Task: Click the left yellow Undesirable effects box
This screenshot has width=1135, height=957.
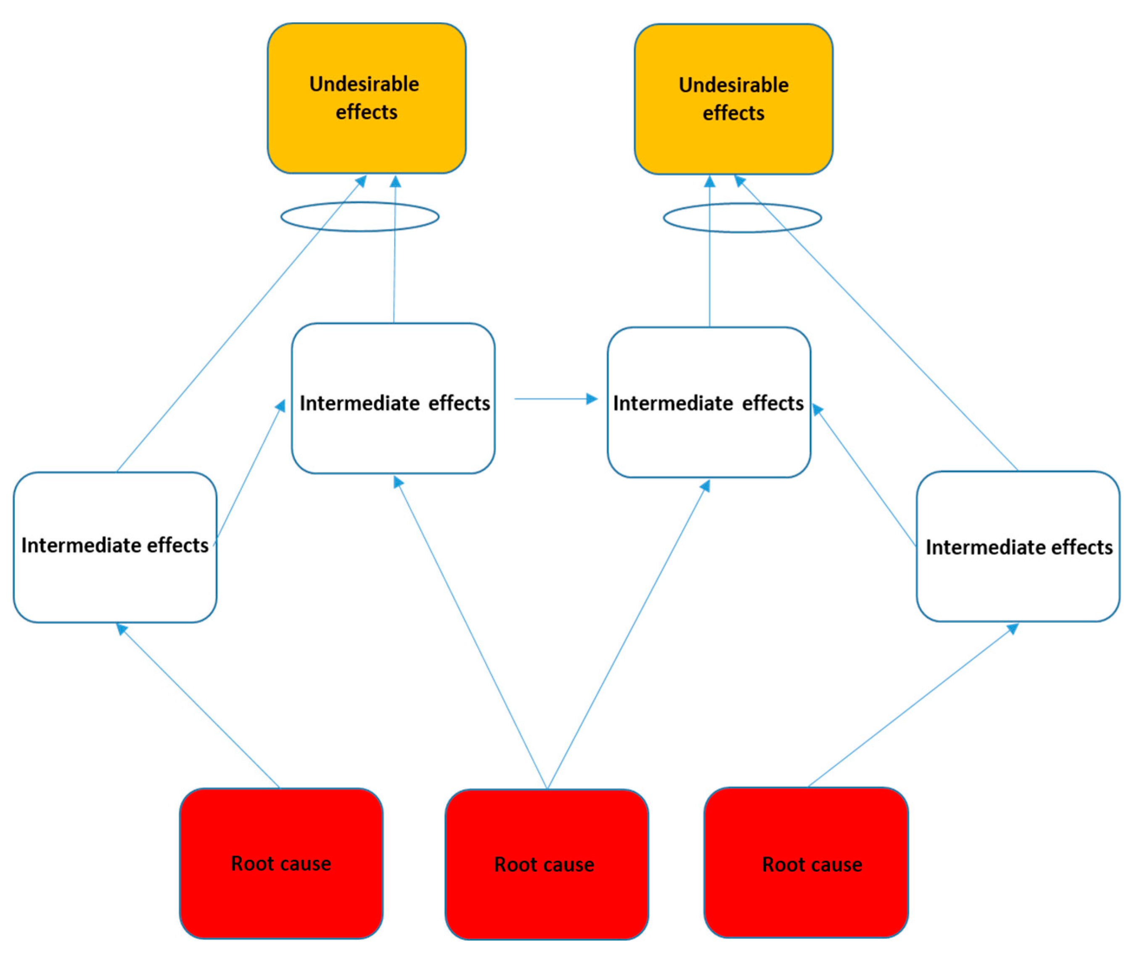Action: pos(366,141)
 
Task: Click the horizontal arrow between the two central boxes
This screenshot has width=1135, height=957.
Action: pos(554,399)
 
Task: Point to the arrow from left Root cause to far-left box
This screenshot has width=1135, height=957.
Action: pos(198,706)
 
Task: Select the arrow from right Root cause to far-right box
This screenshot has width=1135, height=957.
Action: pos(912,705)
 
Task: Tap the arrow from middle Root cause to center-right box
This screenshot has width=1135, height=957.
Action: pos(627,635)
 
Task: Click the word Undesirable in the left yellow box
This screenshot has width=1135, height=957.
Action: pos(364,84)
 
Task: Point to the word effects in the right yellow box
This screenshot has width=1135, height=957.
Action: pos(733,113)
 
